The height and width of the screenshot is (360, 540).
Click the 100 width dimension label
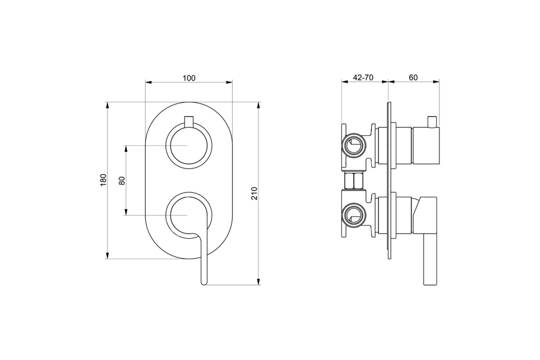tap(189, 78)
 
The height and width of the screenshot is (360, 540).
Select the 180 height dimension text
tap(103, 180)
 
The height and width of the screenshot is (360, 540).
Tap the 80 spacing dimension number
tap(122, 180)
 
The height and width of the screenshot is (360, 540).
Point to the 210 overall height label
tap(254, 193)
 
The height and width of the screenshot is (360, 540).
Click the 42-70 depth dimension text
tap(363, 77)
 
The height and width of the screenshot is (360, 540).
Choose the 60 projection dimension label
tap(413, 77)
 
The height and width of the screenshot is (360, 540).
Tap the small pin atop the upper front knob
tap(189, 121)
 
